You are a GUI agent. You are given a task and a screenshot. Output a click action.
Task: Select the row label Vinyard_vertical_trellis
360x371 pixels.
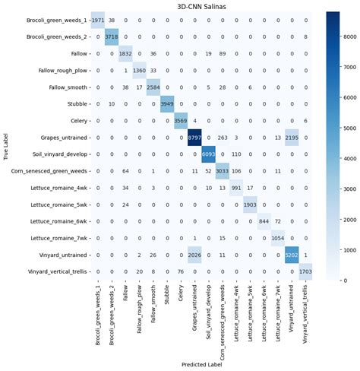pos(52,272)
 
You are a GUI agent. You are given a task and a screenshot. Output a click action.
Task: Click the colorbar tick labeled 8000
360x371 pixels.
pos(344,36)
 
